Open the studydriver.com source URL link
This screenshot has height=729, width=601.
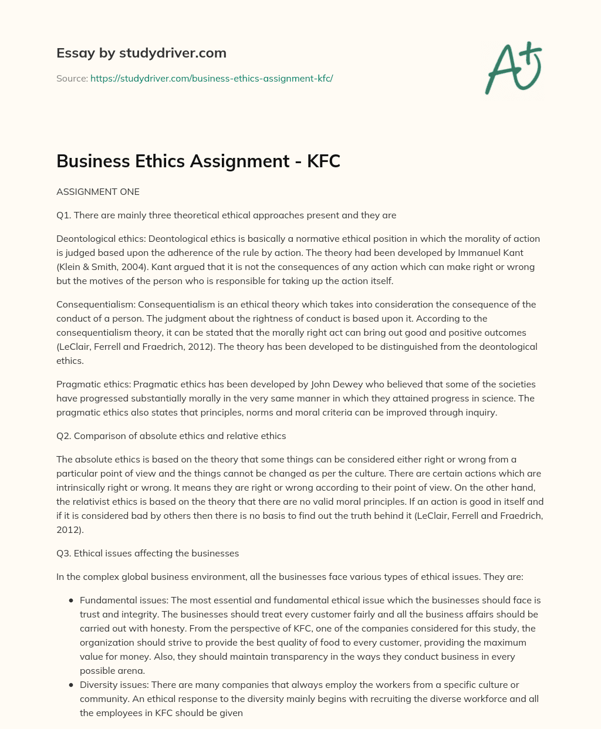pyautogui.click(x=211, y=78)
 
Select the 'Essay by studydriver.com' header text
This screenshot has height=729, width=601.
pyautogui.click(x=141, y=53)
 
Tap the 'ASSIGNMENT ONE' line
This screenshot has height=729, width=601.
pyautogui.click(x=98, y=191)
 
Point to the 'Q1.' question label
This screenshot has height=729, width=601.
pyautogui.click(x=64, y=215)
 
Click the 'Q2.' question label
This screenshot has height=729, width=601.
pyautogui.click(x=64, y=436)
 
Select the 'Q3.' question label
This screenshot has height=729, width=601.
pyautogui.click(x=64, y=553)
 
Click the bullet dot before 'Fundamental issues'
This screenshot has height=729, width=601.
pyautogui.click(x=71, y=600)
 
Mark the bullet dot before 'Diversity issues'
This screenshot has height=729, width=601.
pyautogui.click(x=71, y=685)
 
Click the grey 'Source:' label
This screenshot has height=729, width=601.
pyautogui.click(x=72, y=78)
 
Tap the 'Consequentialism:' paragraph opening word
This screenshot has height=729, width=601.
pyautogui.click(x=96, y=304)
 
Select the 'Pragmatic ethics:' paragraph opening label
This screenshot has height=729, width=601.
pyautogui.click(x=93, y=384)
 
